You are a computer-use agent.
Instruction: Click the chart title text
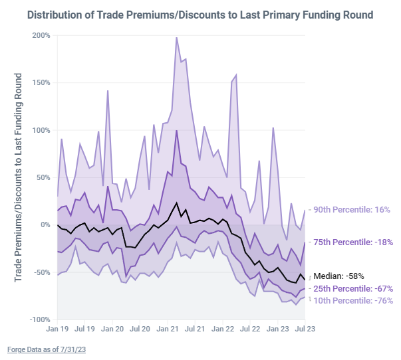coord(200,14)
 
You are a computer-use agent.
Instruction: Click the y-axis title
coord(19,176)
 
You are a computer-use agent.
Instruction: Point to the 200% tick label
coord(41,35)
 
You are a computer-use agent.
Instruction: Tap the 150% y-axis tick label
coord(41,83)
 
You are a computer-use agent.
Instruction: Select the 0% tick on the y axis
coord(45,225)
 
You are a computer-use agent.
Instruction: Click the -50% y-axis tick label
coord(41,272)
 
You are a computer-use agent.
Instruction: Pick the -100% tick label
coord(39,320)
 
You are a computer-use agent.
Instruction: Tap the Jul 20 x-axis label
coord(140,329)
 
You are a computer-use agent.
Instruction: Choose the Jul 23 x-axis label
coord(304,329)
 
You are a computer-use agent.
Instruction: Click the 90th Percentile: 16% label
coord(352,210)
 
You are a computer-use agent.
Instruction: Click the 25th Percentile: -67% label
coord(353,288)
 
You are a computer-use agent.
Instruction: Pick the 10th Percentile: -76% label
coord(353,300)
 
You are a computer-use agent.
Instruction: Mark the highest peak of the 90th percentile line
coord(176,38)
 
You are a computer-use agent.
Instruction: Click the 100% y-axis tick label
coord(41,130)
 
